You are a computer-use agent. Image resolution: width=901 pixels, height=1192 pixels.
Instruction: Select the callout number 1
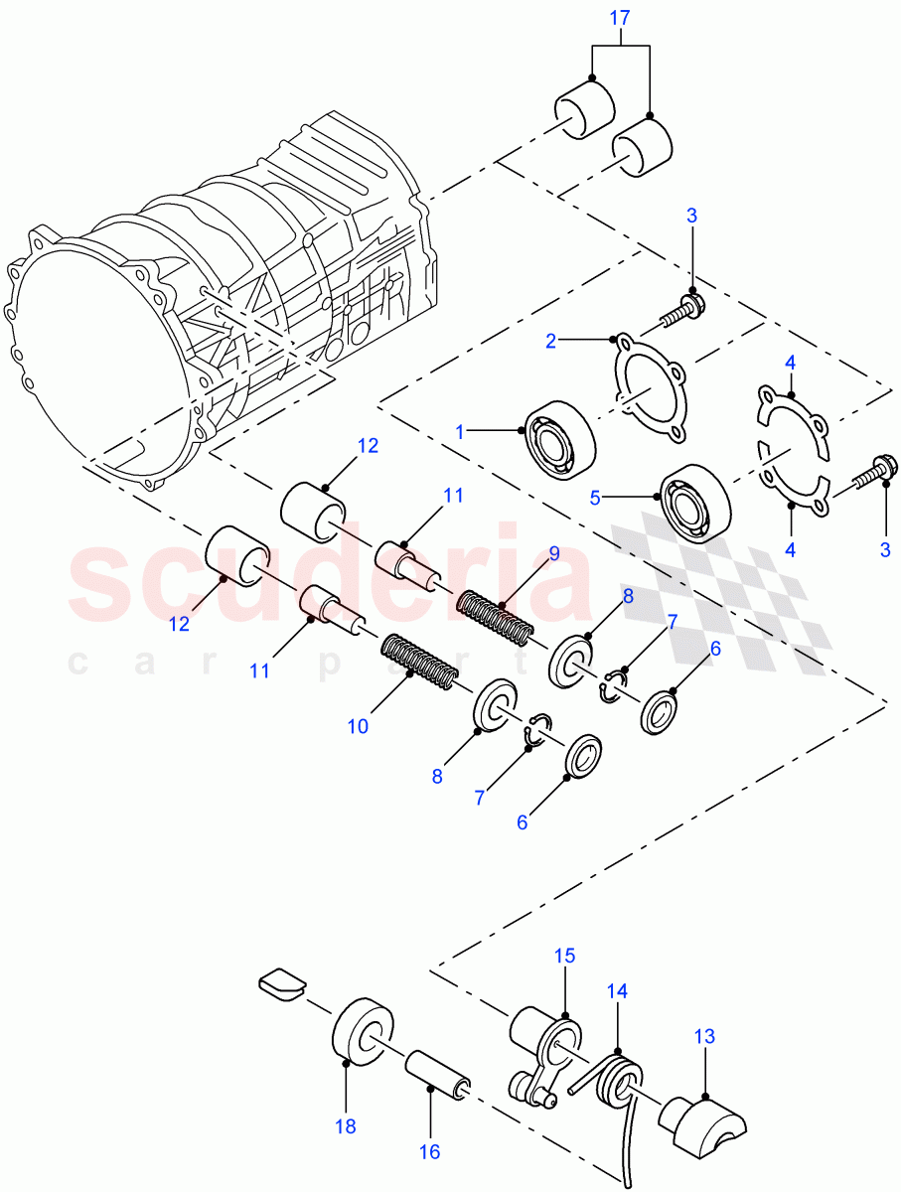(460, 431)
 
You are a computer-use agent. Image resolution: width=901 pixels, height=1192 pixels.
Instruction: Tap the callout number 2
(550, 341)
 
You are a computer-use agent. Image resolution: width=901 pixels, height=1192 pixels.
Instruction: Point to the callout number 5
(595, 498)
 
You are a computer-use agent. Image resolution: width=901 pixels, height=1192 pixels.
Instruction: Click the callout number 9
(554, 552)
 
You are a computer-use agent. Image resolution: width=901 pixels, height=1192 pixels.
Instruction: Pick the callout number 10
(358, 726)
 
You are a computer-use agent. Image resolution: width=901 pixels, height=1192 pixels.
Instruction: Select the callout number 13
(703, 1036)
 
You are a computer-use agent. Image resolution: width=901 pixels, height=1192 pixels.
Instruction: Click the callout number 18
(345, 1127)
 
